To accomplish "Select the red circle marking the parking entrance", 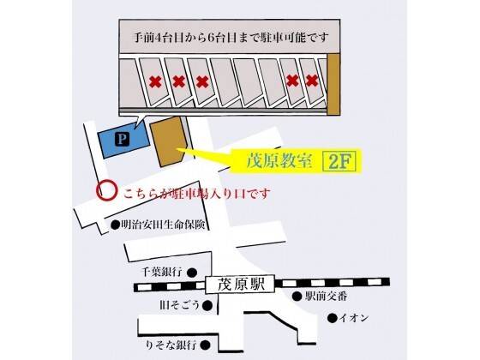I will (x=104, y=190).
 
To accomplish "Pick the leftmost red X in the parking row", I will (x=154, y=82).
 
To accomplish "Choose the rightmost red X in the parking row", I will (x=312, y=81).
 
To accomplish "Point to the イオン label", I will (x=352, y=318).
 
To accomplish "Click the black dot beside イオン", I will (x=333, y=318).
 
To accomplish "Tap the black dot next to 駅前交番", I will (x=296, y=297).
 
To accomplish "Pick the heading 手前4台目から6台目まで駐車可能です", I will (x=226, y=39).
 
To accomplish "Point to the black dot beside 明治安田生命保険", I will (x=114, y=225).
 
